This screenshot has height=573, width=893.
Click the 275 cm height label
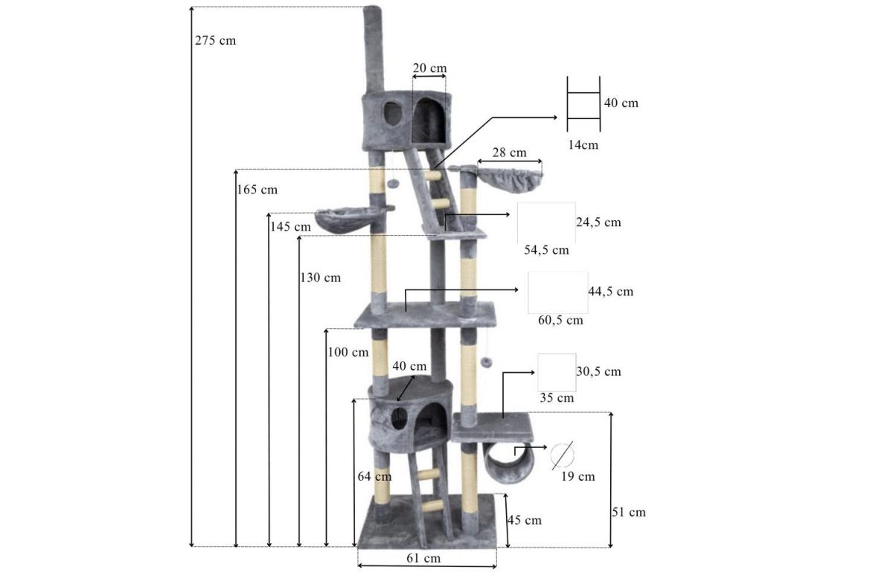pos(215,41)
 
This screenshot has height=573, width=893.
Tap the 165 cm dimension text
pos(257,190)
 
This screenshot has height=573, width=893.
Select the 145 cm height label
pos(290,227)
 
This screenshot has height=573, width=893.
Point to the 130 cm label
pos(321,278)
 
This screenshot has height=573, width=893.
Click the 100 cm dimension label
pos(348,353)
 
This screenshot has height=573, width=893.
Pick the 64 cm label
pos(374,476)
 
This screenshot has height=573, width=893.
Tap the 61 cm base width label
pos(423,558)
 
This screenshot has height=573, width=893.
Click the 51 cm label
pos(629,513)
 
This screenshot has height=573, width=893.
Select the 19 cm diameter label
pos(578,476)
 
